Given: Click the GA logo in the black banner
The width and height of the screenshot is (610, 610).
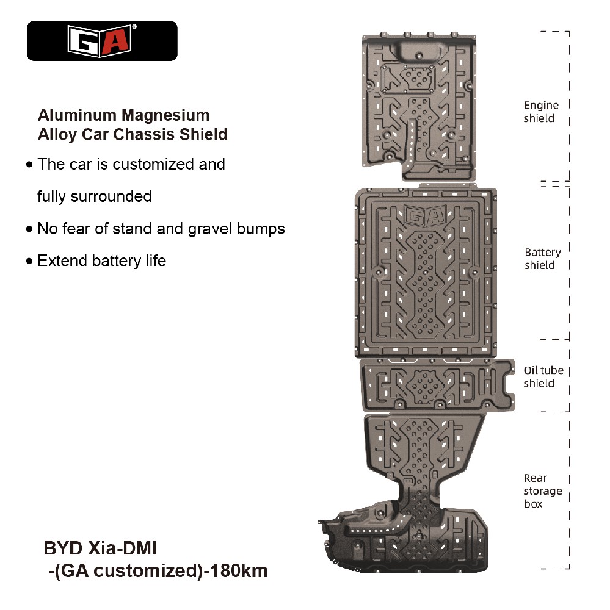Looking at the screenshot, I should click(102, 40).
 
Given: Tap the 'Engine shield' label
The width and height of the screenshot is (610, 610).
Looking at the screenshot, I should click(540, 112).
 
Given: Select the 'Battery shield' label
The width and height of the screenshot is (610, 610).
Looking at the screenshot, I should click(542, 259).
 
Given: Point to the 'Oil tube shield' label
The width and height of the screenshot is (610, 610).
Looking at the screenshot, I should click(543, 377).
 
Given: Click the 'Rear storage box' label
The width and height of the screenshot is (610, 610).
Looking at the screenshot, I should click(542, 491).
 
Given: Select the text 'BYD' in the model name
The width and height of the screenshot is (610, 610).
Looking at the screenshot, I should click(62, 548).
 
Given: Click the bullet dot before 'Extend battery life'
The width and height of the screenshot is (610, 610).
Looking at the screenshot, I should click(29, 262).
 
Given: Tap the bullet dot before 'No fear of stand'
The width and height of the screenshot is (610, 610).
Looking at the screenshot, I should click(29, 229).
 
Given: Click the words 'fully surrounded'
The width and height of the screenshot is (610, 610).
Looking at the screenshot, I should click(94, 197).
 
